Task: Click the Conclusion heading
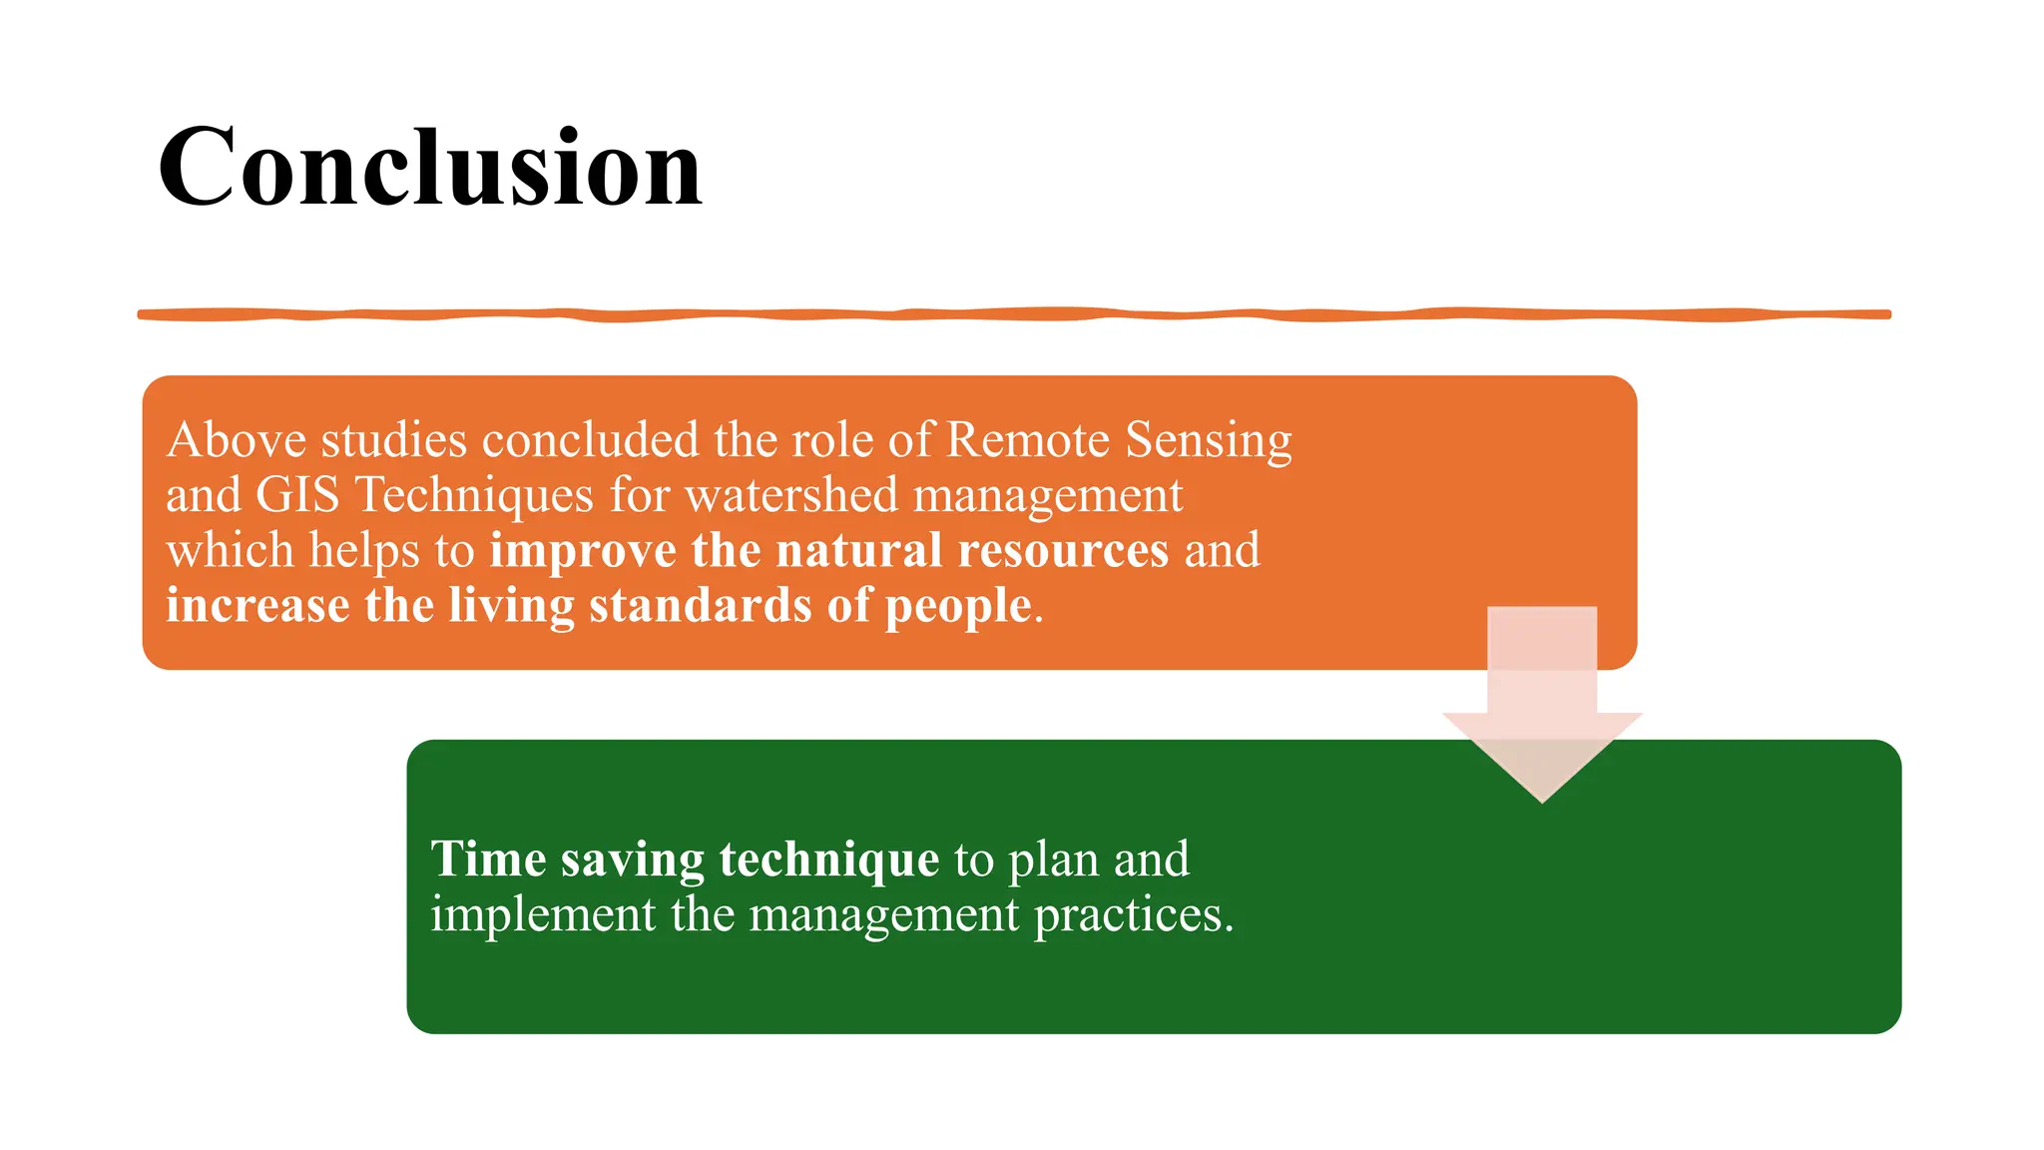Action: coord(430,168)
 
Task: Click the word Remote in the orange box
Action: coord(1027,440)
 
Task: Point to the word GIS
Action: coord(297,495)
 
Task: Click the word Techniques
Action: coord(474,495)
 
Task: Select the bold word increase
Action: coord(257,606)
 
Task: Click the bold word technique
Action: coord(828,860)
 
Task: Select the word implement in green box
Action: coord(543,914)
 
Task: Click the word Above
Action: coord(236,440)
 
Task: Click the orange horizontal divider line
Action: coord(1014,314)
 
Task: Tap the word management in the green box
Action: coord(884,914)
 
